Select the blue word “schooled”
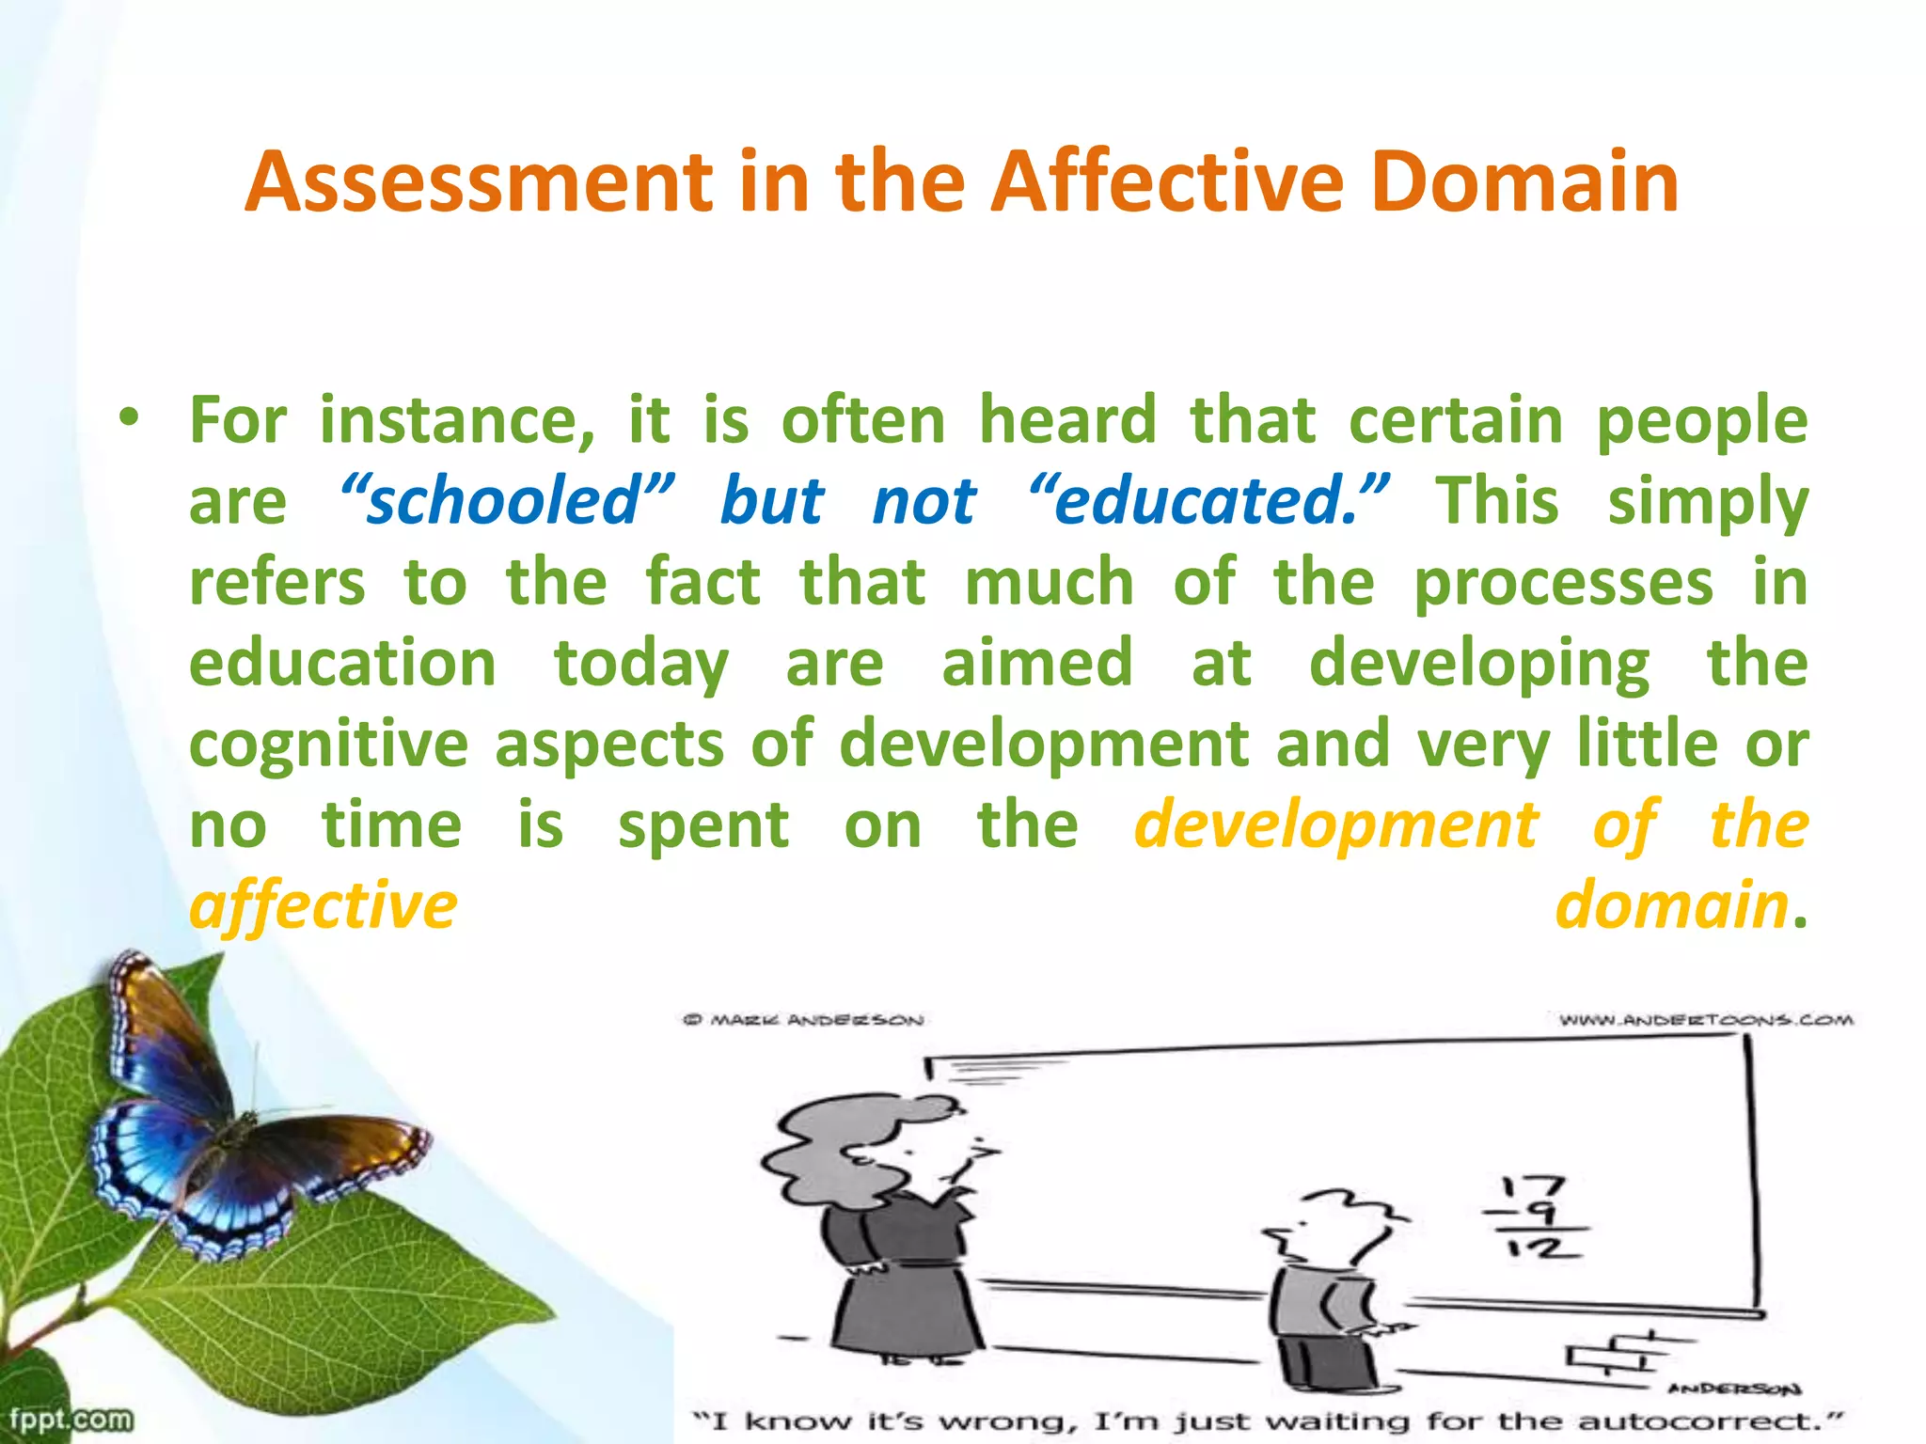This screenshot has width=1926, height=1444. pos(506,501)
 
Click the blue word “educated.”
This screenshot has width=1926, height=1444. pos(1208,501)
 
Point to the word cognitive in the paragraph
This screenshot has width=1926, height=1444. pos(328,744)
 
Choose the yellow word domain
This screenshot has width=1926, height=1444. pos(1671,905)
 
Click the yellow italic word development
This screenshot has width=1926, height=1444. pos(1336,825)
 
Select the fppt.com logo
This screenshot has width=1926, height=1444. pos(71,1418)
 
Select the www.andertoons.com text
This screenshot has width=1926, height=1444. pos(1705,1020)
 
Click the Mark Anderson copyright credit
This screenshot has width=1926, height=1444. pos(803,1020)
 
